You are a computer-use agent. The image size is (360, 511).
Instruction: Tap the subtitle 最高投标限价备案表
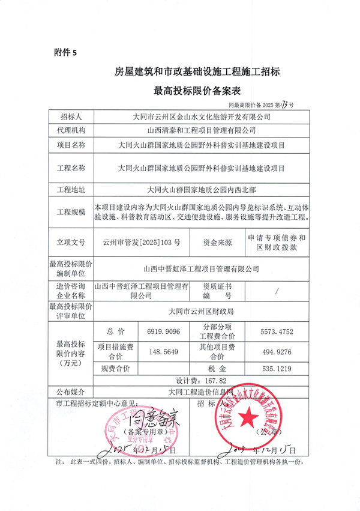pyautogui.click(x=197, y=91)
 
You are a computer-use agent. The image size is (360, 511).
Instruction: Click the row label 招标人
pyautogui.click(x=71, y=115)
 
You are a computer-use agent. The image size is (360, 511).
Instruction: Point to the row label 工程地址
pyautogui.click(x=71, y=190)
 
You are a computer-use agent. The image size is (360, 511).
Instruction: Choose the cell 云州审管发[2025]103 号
pyautogui.click(x=145, y=242)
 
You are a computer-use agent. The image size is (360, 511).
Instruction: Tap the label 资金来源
pyautogui.click(x=218, y=242)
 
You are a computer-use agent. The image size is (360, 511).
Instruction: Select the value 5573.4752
pyautogui.click(x=277, y=331)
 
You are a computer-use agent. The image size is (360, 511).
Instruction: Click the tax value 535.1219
pyautogui.click(x=277, y=368)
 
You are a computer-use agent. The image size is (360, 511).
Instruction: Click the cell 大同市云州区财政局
pyautogui.click(x=201, y=312)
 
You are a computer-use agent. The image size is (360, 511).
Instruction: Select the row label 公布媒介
pyautogui.click(x=71, y=392)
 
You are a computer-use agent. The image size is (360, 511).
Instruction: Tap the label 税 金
pyautogui.click(x=218, y=368)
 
